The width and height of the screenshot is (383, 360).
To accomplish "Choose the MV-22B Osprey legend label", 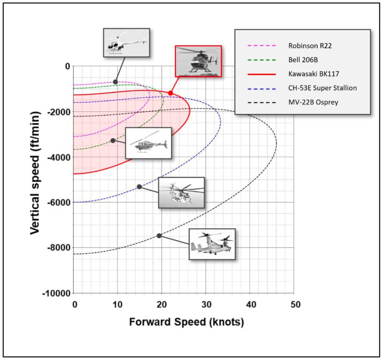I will pyautogui.click(x=313, y=102).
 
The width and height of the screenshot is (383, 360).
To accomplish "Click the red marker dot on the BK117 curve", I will pyautogui.click(x=171, y=93).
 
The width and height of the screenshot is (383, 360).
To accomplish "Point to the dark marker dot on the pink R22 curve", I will pyautogui.click(x=115, y=82).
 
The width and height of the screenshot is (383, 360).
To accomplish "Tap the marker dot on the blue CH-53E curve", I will pyautogui.click(x=139, y=186).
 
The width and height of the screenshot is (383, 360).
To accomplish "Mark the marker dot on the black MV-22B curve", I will pyautogui.click(x=159, y=235).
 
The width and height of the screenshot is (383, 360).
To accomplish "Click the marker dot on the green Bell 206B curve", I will pyautogui.click(x=113, y=140).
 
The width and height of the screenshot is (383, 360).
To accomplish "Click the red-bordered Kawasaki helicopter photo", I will pyautogui.click(x=198, y=61).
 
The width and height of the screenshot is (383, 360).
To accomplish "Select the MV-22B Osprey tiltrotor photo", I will pyautogui.click(x=212, y=244).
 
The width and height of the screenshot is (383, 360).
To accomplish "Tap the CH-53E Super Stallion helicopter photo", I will pyautogui.click(x=181, y=192).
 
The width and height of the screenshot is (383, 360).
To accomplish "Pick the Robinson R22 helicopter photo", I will pyautogui.click(x=126, y=42).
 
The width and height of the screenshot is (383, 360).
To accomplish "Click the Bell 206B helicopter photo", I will pyautogui.click(x=148, y=143).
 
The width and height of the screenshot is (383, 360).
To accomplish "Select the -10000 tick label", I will pyautogui.click(x=57, y=293).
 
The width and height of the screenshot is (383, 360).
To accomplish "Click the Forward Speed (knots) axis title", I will pyautogui.click(x=186, y=322).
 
